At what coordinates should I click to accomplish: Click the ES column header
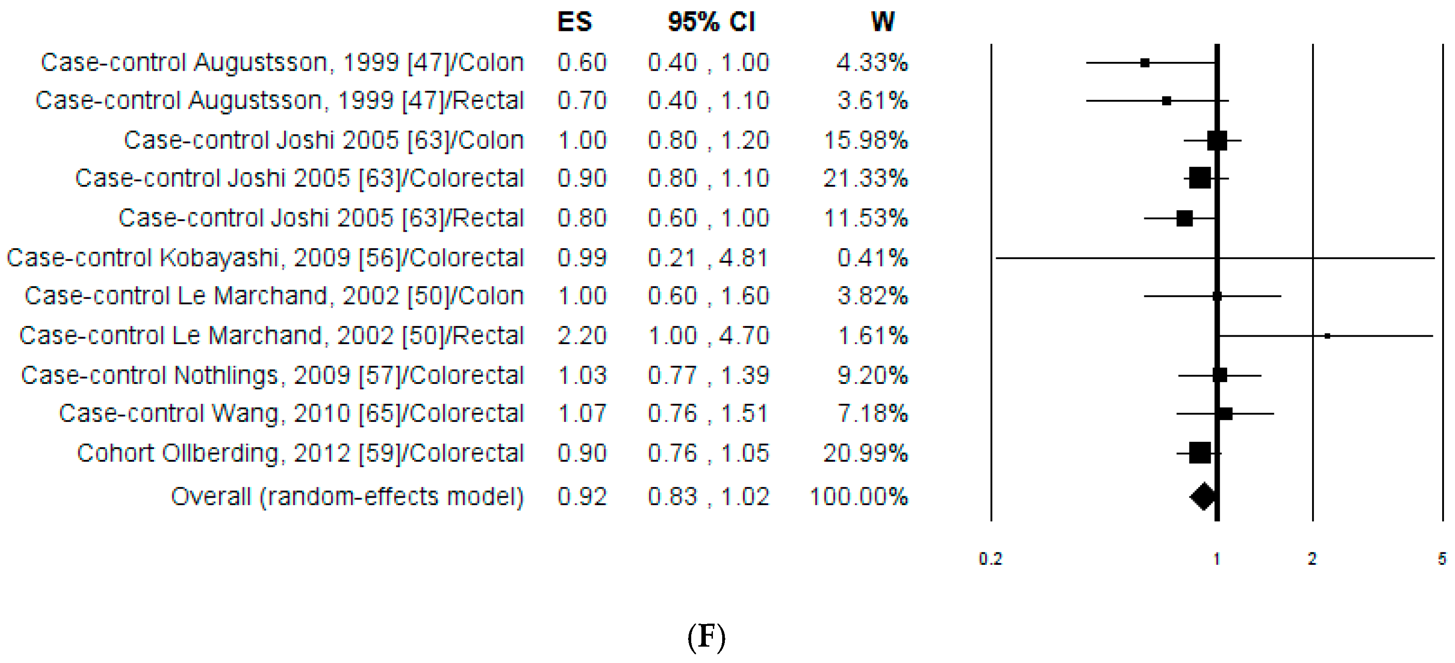click(x=574, y=23)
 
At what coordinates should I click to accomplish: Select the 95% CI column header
click(x=711, y=23)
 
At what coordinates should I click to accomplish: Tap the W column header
click(x=882, y=23)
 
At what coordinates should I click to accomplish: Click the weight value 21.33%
click(x=865, y=178)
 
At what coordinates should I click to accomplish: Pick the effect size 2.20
click(x=582, y=335)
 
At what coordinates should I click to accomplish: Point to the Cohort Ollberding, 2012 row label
click(x=300, y=453)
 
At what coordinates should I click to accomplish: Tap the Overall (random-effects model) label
click(x=347, y=497)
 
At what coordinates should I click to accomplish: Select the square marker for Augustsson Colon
click(x=1144, y=63)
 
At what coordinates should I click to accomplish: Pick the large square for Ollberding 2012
click(x=1200, y=453)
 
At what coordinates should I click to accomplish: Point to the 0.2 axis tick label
click(x=990, y=559)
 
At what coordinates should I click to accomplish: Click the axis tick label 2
click(x=1312, y=559)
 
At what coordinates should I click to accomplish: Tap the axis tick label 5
click(x=1441, y=559)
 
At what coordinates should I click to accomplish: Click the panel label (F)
click(x=706, y=637)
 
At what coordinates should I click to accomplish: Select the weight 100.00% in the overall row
click(x=858, y=497)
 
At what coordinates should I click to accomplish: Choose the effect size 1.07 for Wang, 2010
click(x=582, y=414)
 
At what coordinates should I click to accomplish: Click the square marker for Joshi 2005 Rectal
click(x=1185, y=218)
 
